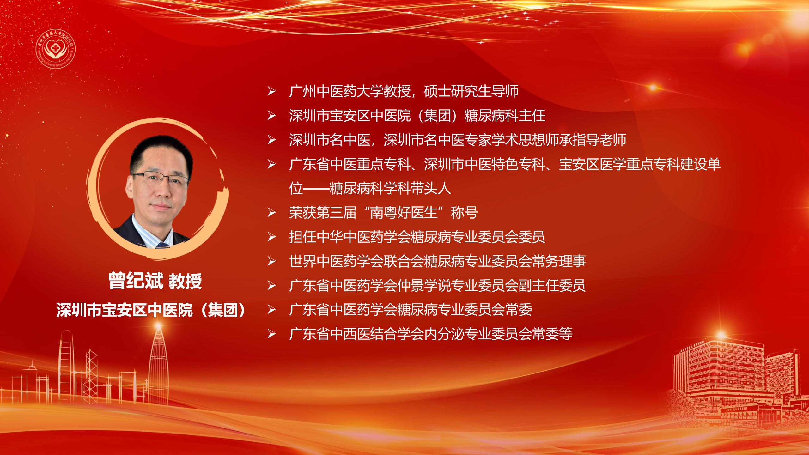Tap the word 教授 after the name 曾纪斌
click(185, 281)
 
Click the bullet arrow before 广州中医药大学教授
click(271, 92)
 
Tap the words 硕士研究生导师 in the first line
click(471, 91)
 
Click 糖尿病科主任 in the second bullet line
click(505, 116)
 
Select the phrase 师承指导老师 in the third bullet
click(586, 140)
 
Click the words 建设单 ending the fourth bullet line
click(701, 164)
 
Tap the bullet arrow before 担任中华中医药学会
click(271, 237)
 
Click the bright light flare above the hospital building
click(721, 334)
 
